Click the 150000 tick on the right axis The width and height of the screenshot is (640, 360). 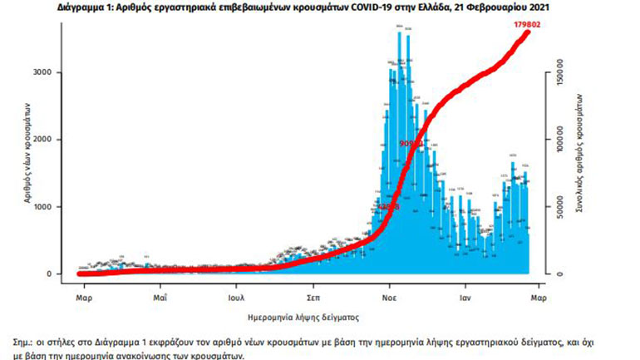click(x=561, y=72)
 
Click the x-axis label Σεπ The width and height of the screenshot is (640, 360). click(x=313, y=296)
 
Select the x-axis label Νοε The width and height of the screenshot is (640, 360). click(x=388, y=296)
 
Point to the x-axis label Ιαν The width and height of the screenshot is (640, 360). click(x=467, y=296)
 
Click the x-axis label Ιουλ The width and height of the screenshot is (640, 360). click(x=235, y=296)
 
